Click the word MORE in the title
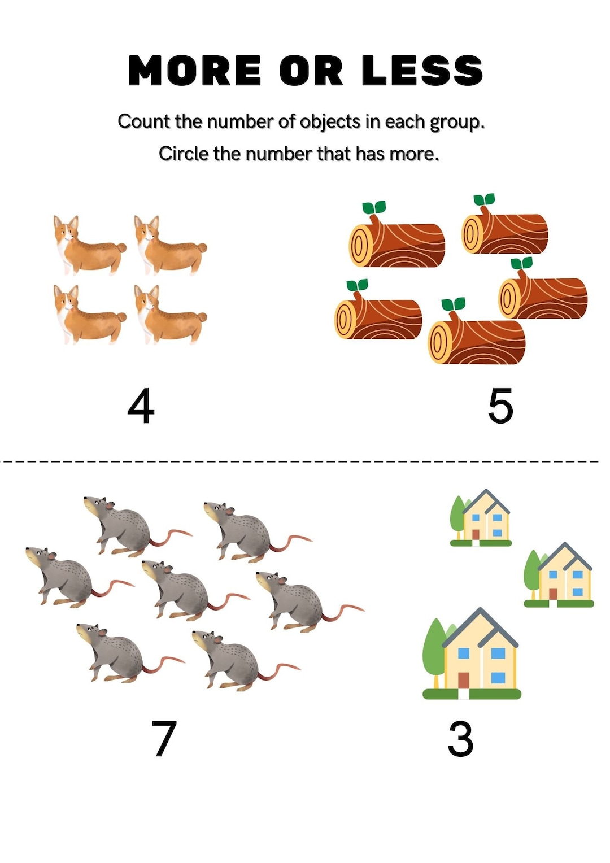[194, 71]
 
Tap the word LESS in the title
[422, 71]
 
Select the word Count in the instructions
[144, 121]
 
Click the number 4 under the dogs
[141, 406]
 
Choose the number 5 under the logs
[500, 406]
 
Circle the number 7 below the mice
[164, 738]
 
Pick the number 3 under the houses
[460, 738]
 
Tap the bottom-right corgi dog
[169, 315]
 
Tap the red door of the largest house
[464, 680]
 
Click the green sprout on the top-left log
[374, 208]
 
